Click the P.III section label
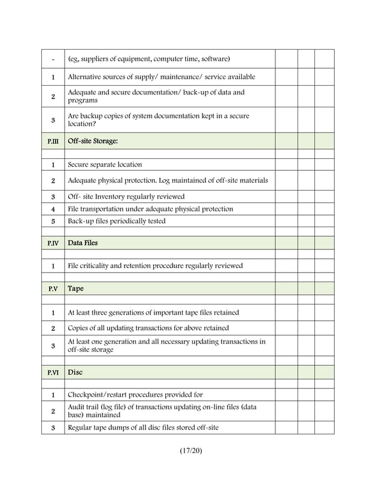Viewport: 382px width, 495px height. [53, 141]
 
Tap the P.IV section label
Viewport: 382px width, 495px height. [53, 243]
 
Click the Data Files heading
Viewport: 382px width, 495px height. [83, 243]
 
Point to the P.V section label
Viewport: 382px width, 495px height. [53, 289]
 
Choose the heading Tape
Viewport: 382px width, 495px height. [75, 288]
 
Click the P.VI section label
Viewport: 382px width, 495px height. [53, 373]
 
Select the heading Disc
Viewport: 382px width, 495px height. [75, 372]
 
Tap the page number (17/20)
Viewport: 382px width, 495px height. [190, 451]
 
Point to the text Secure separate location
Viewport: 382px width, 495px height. [105, 164]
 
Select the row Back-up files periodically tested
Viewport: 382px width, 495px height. [117, 221]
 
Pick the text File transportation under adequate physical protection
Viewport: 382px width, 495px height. [150, 209]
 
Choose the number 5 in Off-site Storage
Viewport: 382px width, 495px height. [53, 221]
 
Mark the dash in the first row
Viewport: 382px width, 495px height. [53, 59]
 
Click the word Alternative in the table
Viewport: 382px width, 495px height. [86, 77]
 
